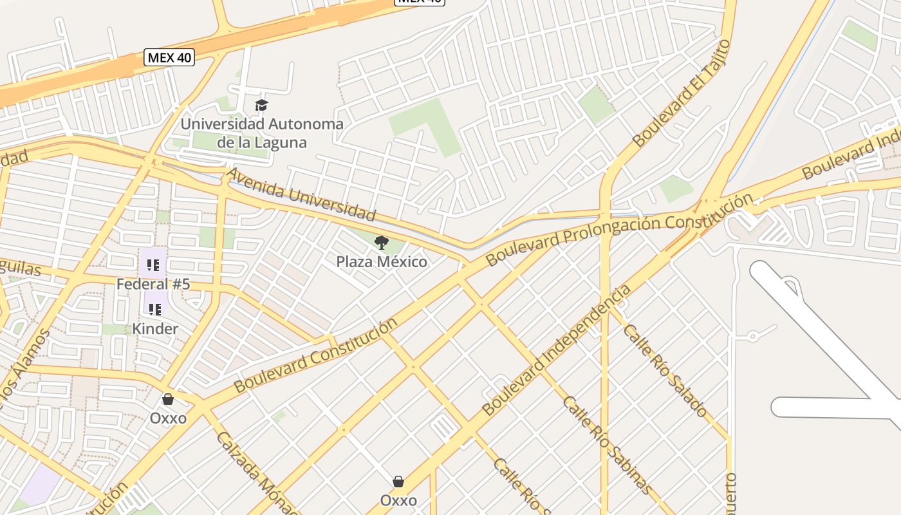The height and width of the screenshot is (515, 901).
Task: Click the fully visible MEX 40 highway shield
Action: point(169,57)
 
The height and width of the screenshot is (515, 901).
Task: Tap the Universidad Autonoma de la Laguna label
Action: point(261,133)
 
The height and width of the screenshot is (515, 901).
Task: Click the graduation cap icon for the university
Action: point(261,105)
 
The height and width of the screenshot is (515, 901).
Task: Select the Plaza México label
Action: point(382,262)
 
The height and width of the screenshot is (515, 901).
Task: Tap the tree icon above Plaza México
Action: point(382,243)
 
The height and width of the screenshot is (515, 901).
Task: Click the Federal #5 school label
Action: point(153,284)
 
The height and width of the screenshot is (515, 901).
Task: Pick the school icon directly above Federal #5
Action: point(153,265)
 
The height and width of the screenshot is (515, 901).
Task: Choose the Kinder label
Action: point(155,329)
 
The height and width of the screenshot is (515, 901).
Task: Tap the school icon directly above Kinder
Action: point(155,310)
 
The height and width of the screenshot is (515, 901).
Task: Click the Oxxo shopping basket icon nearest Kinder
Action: point(168,399)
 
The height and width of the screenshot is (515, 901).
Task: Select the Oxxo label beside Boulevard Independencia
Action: point(398,500)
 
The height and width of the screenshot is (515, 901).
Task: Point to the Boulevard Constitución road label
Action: point(315,355)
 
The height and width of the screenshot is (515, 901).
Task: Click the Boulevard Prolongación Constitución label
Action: point(618,230)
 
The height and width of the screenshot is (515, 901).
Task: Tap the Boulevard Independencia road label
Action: point(557,351)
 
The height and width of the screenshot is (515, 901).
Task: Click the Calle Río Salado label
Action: point(665,371)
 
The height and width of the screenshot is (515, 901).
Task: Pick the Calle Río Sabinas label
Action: point(608,445)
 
